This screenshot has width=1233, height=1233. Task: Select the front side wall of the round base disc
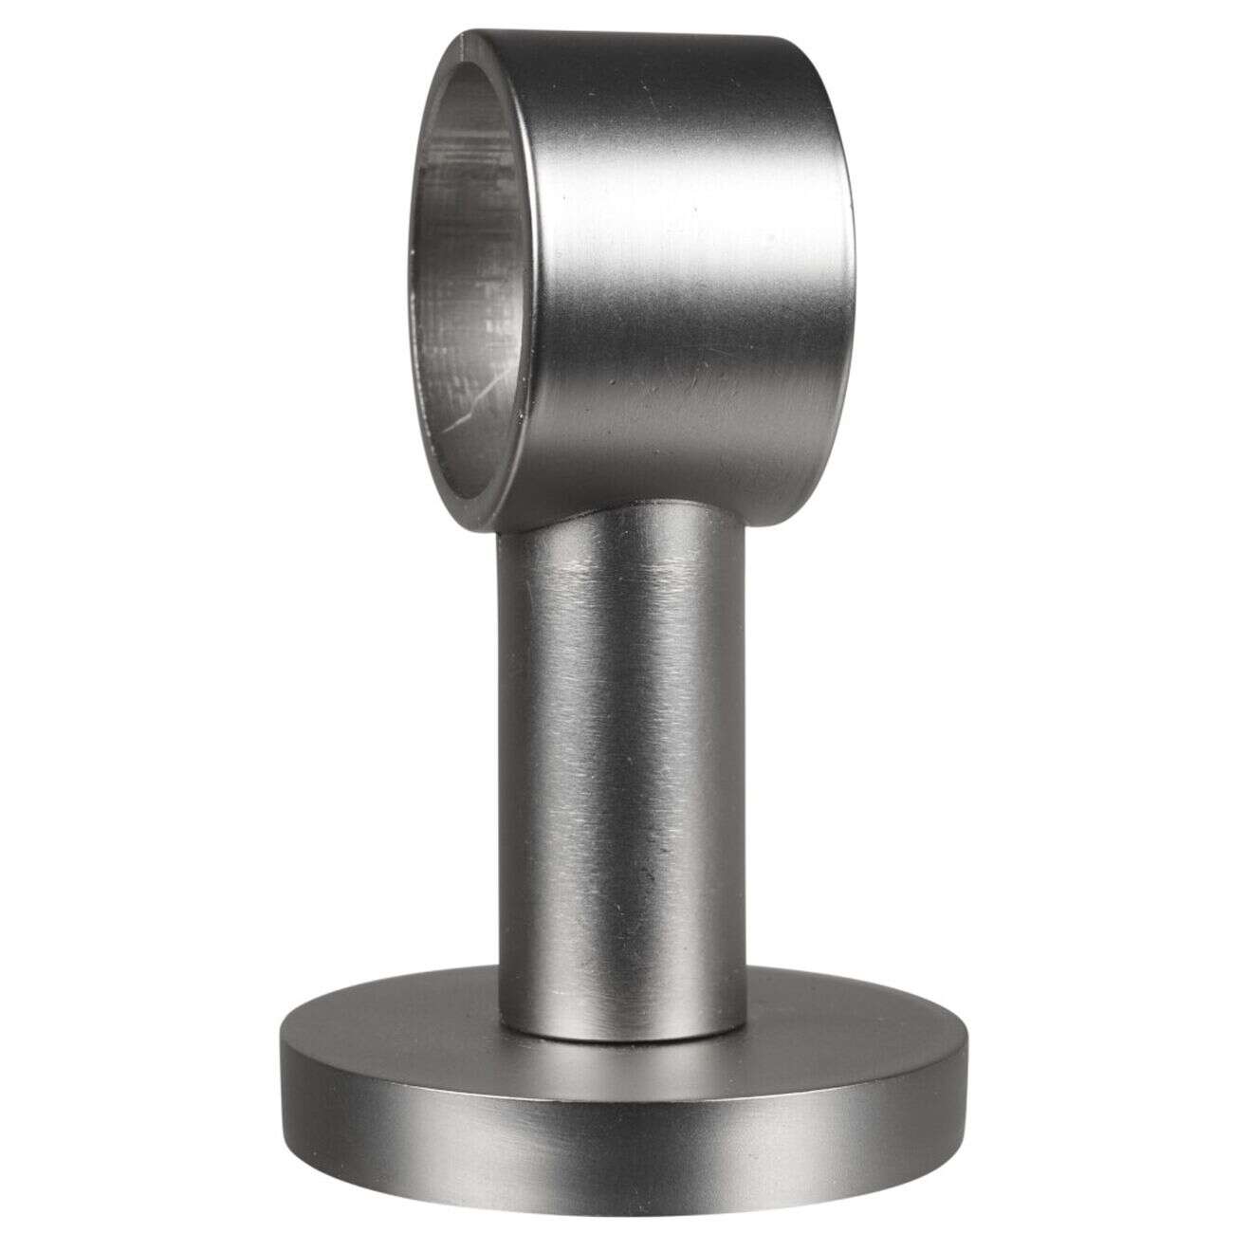pyautogui.click(x=616, y=1138)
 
